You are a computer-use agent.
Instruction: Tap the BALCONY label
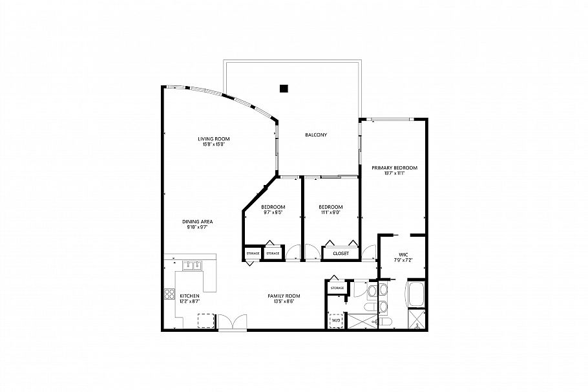click(316, 135)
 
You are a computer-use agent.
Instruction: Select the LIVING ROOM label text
click(214, 138)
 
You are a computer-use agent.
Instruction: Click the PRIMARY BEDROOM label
click(394, 168)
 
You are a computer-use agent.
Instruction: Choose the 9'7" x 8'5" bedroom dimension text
click(273, 212)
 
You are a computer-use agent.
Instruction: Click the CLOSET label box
click(341, 254)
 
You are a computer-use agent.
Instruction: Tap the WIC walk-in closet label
click(403, 255)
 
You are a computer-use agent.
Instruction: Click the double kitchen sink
click(193, 264)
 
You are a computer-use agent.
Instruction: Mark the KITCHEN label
click(189, 296)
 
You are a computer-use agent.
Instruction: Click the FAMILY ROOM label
click(284, 296)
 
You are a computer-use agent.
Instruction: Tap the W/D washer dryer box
click(336, 320)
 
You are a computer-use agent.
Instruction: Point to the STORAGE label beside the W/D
click(337, 287)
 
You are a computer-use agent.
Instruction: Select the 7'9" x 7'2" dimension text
click(403, 260)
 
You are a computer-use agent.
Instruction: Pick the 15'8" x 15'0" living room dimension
click(214, 144)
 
